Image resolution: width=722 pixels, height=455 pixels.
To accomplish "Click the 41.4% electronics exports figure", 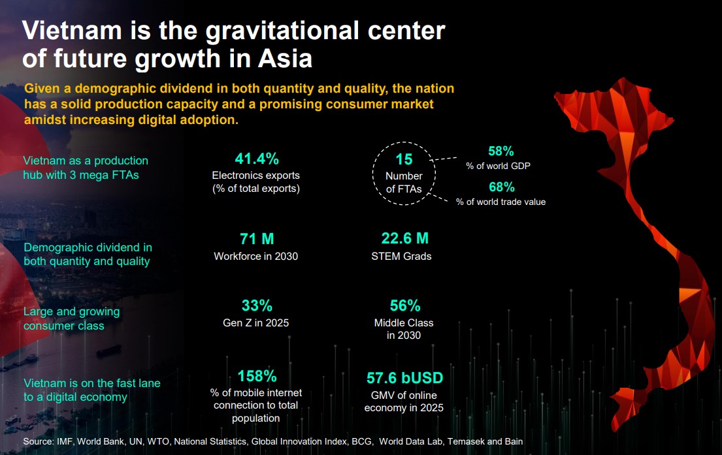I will (256, 159).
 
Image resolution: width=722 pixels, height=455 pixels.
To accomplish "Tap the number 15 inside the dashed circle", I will (404, 159).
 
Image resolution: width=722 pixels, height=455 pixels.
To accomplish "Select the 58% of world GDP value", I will (501, 151).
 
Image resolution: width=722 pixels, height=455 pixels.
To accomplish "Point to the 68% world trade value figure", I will (501, 187).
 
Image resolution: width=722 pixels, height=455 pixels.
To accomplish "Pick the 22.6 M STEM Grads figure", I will (404, 239).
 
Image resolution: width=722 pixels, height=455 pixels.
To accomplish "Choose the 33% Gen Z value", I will (256, 306).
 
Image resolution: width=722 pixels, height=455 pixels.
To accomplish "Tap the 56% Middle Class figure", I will (404, 306).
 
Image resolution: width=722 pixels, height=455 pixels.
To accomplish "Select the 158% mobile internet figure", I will (257, 377).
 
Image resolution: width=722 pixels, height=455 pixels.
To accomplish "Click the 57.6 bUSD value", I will (404, 378).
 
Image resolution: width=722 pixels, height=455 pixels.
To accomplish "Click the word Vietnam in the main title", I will (74, 31).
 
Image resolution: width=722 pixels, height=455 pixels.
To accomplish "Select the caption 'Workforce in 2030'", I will (255, 257).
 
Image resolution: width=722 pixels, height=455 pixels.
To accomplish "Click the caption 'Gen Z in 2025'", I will (255, 322).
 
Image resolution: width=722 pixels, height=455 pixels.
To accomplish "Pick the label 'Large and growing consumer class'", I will (72, 319).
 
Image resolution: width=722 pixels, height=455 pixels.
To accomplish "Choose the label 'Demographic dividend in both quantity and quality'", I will (88, 255).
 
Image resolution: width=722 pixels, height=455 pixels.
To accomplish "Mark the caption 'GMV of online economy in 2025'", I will (404, 401).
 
